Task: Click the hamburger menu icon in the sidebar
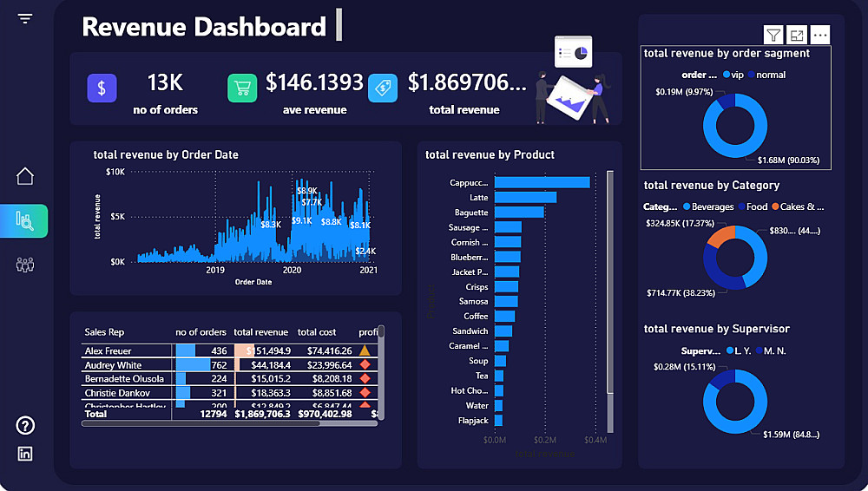24,18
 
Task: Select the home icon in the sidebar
25,176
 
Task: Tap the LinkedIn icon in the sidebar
25,454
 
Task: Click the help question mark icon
25,425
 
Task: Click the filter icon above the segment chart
773,35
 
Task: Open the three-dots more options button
819,35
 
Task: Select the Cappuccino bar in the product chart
542,182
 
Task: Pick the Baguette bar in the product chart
519,213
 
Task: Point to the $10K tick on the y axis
115,172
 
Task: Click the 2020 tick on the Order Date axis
293,271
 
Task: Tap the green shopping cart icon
242,88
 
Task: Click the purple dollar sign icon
102,88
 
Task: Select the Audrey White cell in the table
113,365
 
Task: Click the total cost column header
317,332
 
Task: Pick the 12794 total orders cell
213,414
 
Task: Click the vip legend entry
733,75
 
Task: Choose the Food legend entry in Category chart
751,207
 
